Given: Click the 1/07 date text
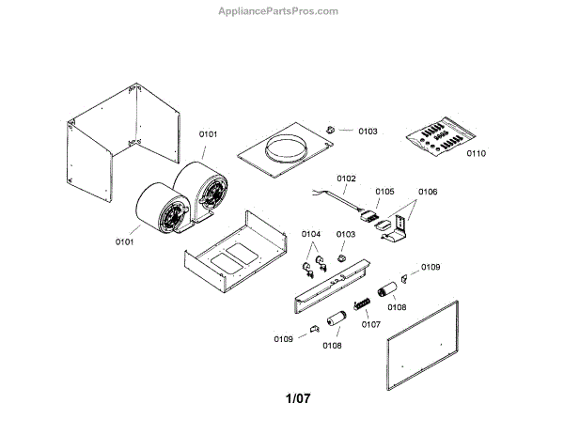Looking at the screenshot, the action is click(297, 398).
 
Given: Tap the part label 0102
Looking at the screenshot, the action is click(346, 179).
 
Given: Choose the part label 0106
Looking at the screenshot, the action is click(428, 192).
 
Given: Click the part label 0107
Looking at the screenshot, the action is click(370, 325).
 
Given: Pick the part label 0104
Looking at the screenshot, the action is click(311, 234).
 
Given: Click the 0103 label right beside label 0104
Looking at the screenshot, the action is click(346, 234).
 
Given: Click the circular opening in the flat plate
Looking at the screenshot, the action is click(286, 148).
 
